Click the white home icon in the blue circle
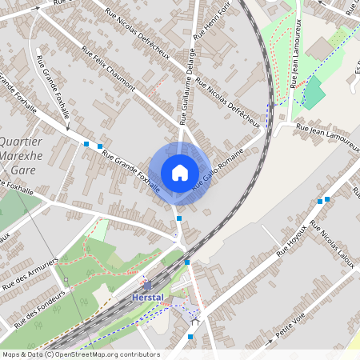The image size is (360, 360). coord(180,173)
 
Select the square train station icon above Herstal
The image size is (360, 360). coord(146,284)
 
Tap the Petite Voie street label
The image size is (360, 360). coord(293,331)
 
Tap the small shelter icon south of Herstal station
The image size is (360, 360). coord(194,322)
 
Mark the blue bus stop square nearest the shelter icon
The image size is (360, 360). coord(190,337)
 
